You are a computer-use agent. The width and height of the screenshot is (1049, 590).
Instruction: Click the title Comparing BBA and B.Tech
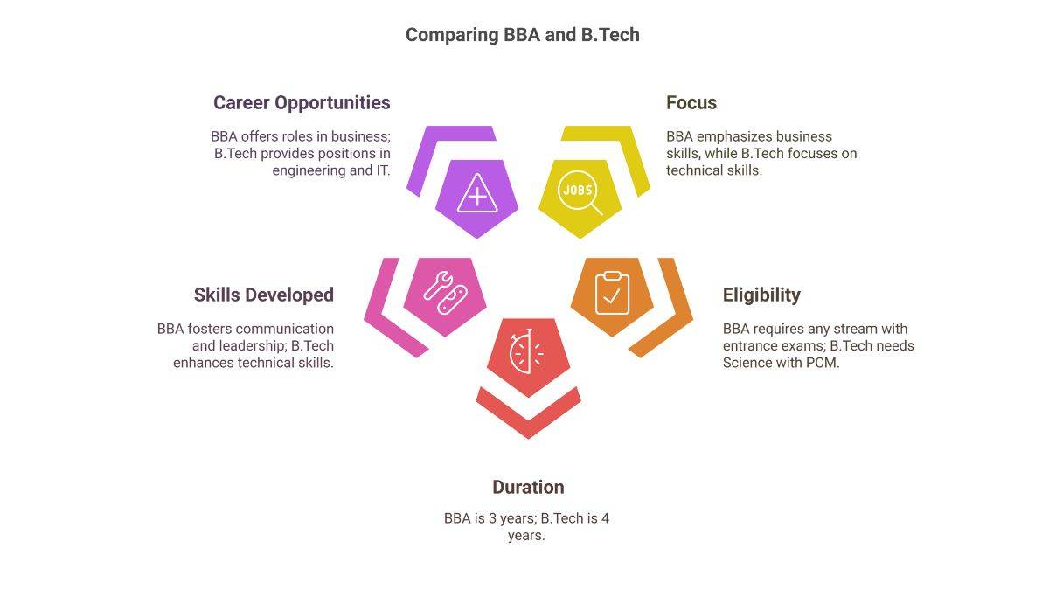click(522, 35)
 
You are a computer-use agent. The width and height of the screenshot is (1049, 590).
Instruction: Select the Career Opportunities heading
click(302, 102)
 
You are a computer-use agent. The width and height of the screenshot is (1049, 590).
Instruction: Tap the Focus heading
click(691, 102)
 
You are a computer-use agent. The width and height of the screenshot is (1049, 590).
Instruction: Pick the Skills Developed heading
click(263, 295)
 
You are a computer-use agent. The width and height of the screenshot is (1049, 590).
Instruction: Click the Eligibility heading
click(761, 295)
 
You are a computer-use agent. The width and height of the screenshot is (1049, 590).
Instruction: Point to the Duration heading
click(527, 487)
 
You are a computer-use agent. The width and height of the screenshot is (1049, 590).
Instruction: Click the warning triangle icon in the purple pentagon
click(476, 194)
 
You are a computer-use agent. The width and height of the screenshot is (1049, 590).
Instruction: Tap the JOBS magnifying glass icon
click(580, 194)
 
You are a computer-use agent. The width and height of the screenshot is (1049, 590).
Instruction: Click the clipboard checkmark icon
click(612, 293)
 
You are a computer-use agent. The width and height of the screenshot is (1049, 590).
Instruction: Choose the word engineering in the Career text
click(309, 170)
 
